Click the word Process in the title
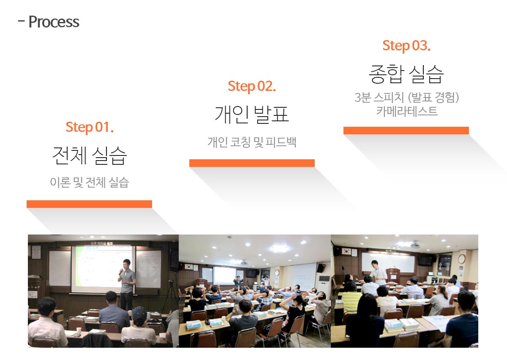pyautogui.click(x=54, y=22)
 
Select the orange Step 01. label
pyautogui.click(x=90, y=127)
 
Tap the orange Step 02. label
pyautogui.click(x=252, y=86)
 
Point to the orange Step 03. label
pyautogui.click(x=406, y=46)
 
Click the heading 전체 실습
pyautogui.click(x=90, y=155)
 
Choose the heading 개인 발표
pyautogui.click(x=252, y=115)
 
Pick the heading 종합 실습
pyautogui.click(x=406, y=74)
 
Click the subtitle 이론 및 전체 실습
pyautogui.click(x=90, y=182)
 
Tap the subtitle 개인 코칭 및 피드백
pyautogui.click(x=252, y=142)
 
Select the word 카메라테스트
pyautogui.click(x=407, y=111)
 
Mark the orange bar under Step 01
pyautogui.click(x=90, y=204)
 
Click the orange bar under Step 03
pyautogui.click(x=406, y=131)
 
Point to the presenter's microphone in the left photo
pyautogui.click(x=120, y=272)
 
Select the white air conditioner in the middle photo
pyautogui.click(x=324, y=286)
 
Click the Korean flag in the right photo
pyautogui.click(x=346, y=251)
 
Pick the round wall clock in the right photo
pyautogui.click(x=462, y=259)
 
